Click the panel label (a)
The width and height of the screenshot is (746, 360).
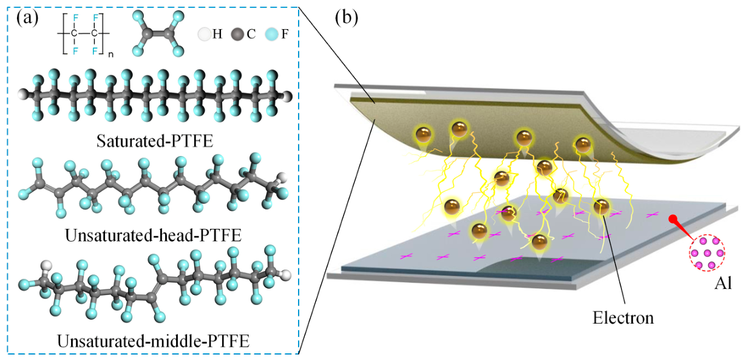27,18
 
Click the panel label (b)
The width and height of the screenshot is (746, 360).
347,18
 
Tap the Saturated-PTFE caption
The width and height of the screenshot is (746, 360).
155,141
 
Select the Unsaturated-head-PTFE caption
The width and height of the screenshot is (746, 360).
153,236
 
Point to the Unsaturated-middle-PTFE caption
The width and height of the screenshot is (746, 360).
153,341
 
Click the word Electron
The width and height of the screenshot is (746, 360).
623,318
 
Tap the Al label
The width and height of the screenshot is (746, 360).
723,284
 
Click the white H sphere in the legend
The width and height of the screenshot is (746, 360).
205,34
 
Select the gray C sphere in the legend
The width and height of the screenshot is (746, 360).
238,34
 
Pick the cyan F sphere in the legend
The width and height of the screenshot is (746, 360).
272,34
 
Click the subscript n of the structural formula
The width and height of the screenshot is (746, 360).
111,54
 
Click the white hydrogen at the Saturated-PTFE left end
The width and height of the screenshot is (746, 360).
24,94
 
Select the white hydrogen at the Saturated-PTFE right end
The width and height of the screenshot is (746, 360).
287,97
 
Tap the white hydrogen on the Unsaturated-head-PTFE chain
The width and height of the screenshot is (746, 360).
282,177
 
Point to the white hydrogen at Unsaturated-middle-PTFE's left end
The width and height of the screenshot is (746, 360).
46,266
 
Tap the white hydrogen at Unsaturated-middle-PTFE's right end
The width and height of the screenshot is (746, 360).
285,276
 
